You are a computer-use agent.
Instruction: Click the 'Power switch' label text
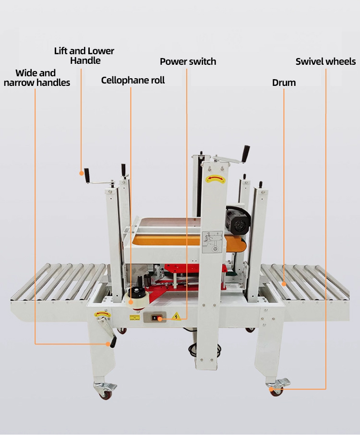click(188, 61)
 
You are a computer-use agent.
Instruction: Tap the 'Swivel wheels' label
click(325, 61)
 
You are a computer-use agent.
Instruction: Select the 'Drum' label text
click(284, 83)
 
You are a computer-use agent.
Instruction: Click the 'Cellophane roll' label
click(132, 80)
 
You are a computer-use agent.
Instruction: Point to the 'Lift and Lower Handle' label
click(84, 56)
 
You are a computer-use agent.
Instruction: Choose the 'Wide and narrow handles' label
click(36, 78)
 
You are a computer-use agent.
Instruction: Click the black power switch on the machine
click(156, 317)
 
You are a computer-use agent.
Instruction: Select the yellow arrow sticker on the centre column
click(215, 179)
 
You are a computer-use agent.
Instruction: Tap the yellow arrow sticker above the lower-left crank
click(102, 314)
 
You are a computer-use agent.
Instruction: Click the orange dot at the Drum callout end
click(284, 284)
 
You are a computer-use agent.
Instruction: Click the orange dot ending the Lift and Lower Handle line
click(81, 171)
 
